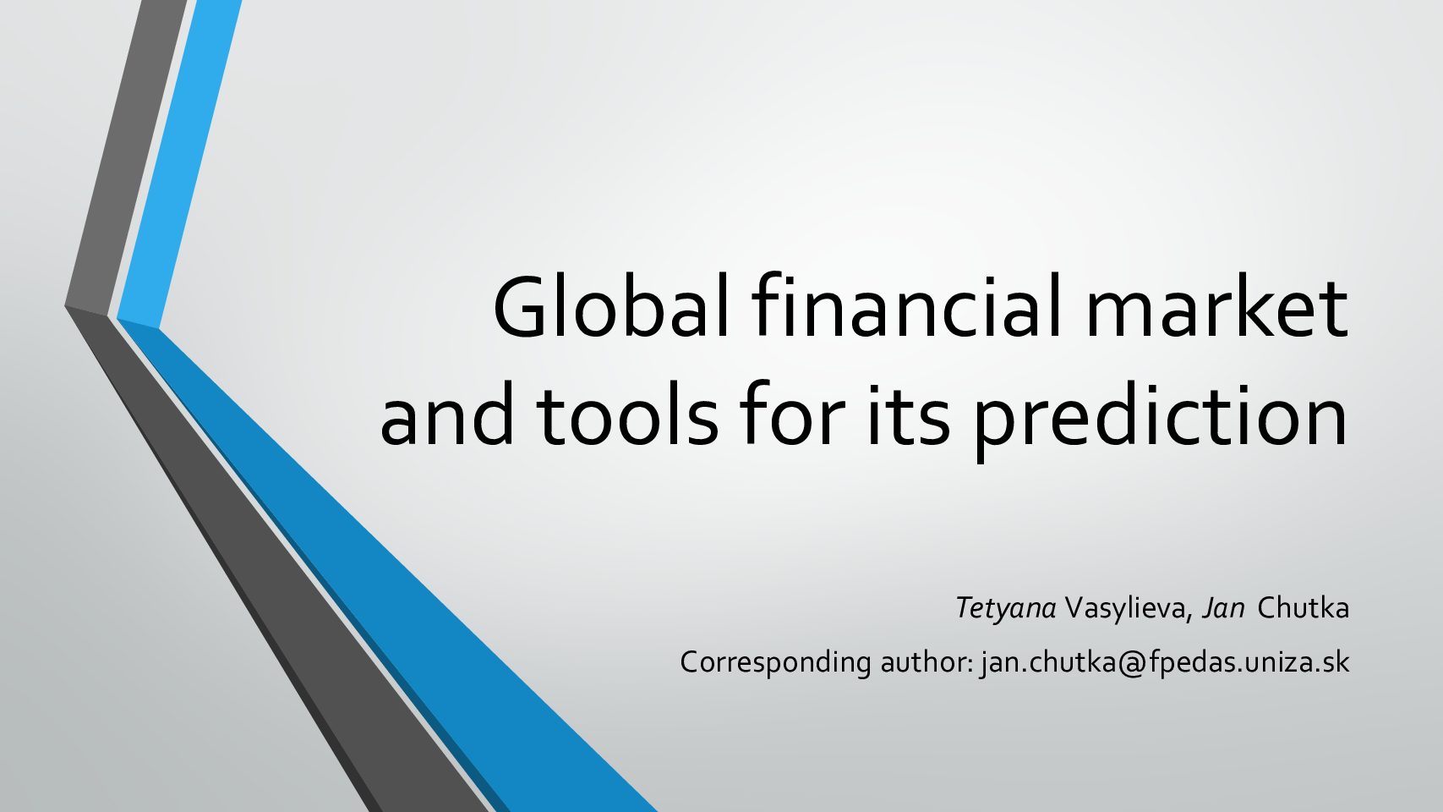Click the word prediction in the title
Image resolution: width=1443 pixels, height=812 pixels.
tap(1159, 420)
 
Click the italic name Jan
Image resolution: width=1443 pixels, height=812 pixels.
tap(1222, 607)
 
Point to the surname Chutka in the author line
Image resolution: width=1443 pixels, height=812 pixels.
tap(1303, 607)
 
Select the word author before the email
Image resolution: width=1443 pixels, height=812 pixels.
tap(926, 661)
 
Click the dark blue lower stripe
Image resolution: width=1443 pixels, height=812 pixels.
tap(386, 567)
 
